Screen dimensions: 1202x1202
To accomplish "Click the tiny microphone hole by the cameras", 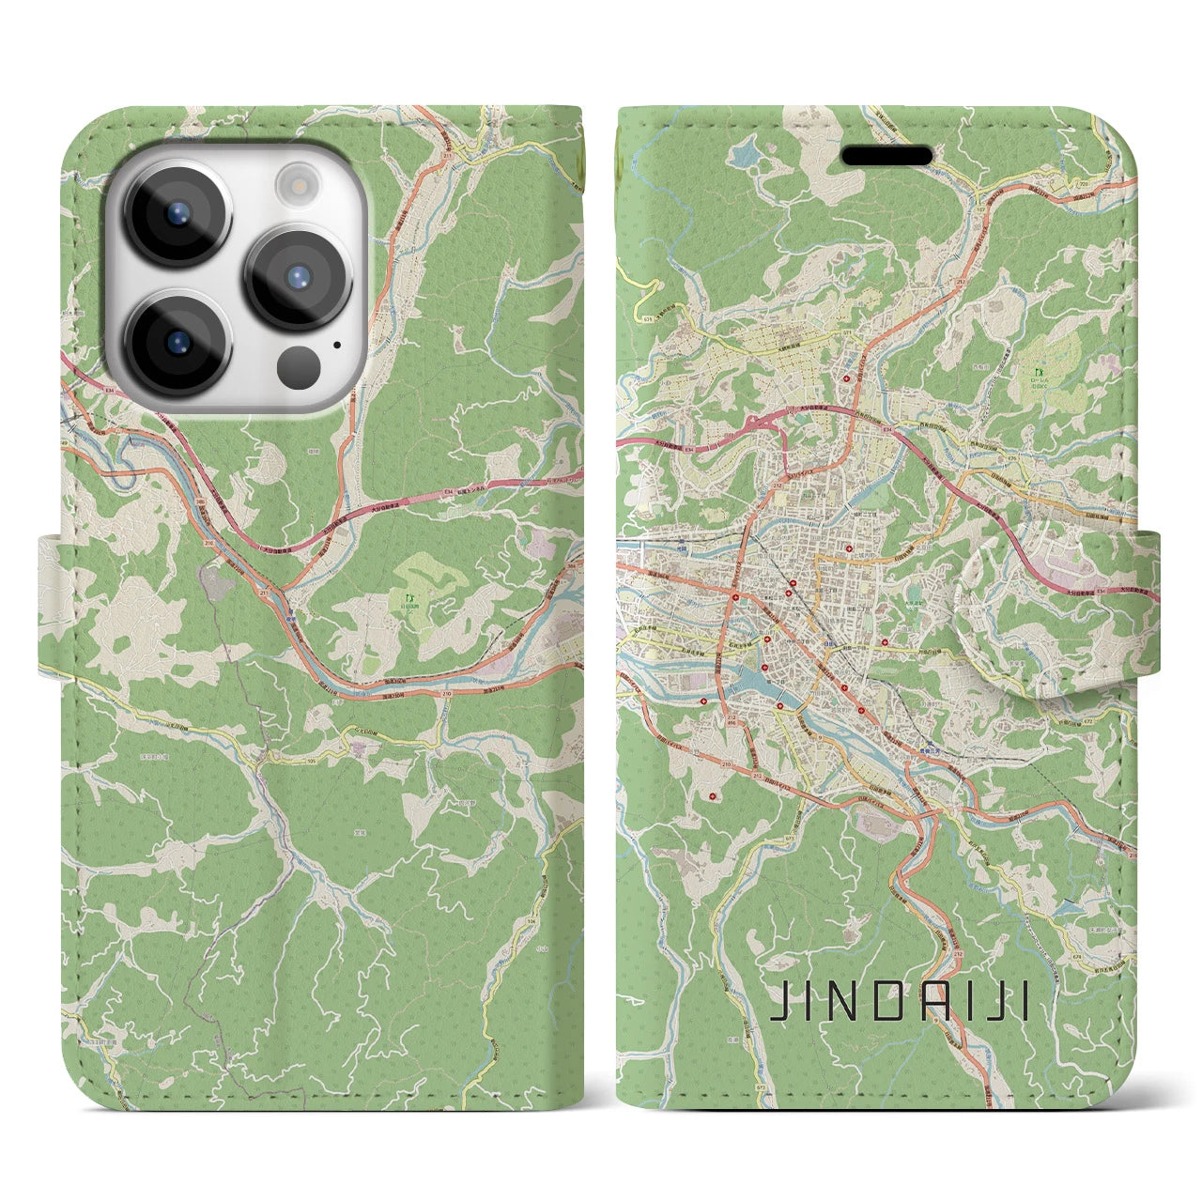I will point(336,345).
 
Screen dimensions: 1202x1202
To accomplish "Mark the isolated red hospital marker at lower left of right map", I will point(719,797).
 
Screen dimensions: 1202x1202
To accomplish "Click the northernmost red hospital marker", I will point(848,378).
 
